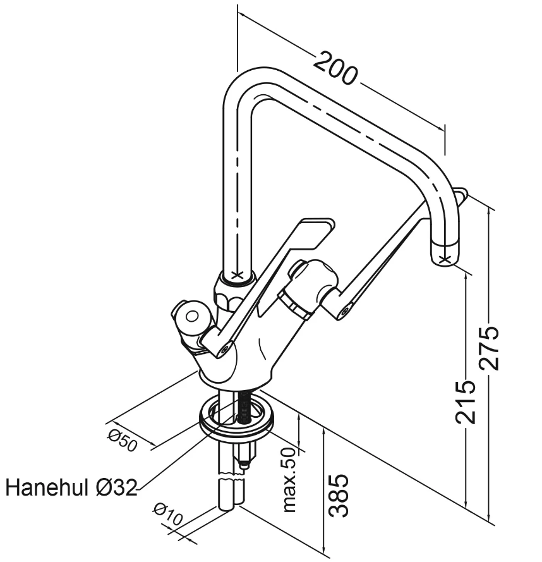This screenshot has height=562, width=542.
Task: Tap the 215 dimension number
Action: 466,401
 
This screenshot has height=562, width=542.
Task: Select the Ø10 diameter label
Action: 168,516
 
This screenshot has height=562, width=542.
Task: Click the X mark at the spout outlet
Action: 445,258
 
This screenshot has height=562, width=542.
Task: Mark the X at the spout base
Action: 237,275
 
